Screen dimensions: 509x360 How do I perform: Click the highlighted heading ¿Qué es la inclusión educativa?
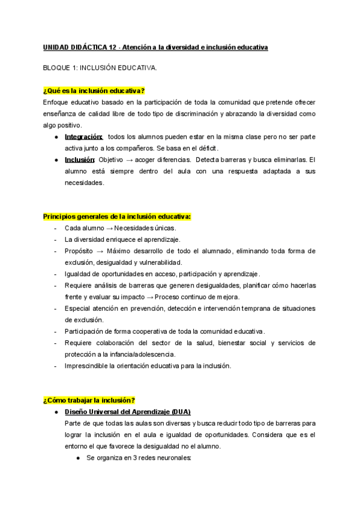[x=94, y=91]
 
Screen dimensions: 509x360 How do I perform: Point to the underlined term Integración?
[x=83, y=137]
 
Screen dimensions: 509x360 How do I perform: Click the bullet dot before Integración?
[x=56, y=137]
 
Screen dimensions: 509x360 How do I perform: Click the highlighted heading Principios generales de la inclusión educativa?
[x=118, y=216]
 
